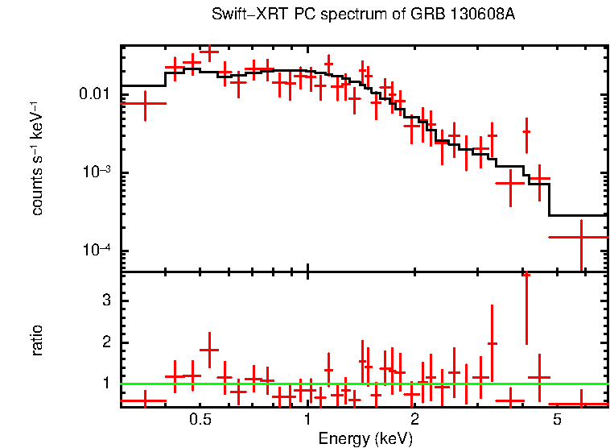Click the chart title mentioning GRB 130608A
click(363, 15)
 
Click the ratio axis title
click(37, 340)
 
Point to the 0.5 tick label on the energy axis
click(200, 421)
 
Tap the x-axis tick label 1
click(308, 421)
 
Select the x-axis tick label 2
click(414, 421)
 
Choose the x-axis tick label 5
click(557, 421)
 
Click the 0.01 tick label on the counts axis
click(95, 94)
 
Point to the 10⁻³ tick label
click(97, 172)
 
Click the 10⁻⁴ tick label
click(97, 251)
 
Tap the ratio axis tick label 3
click(105, 301)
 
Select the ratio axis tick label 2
click(105, 342)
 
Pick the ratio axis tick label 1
click(105, 384)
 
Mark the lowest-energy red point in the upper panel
click(145, 103)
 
